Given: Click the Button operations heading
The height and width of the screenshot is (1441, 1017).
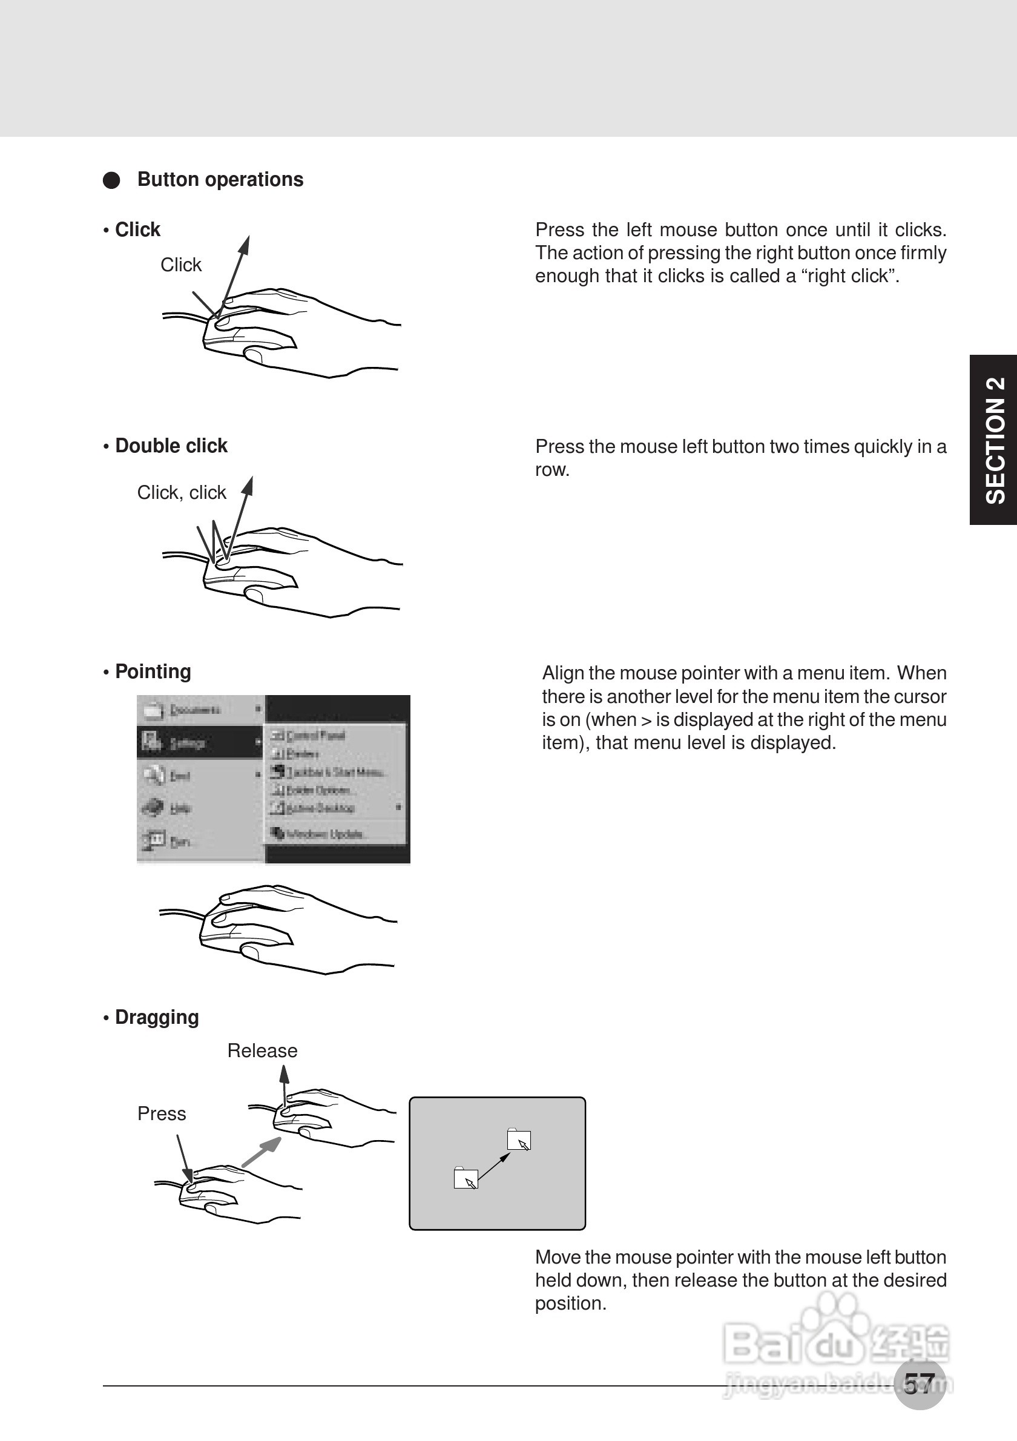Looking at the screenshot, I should pyautogui.click(x=220, y=179).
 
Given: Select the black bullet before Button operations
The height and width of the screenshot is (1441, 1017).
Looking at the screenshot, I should pyautogui.click(x=111, y=180).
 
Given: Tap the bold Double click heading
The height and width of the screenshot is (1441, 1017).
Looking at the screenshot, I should pyautogui.click(x=171, y=446).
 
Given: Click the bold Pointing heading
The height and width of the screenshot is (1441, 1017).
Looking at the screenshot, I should pyautogui.click(x=153, y=671).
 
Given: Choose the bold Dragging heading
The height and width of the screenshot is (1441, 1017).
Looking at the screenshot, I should pyautogui.click(x=157, y=1017).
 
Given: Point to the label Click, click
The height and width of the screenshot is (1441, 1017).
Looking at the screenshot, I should pyautogui.click(x=182, y=493).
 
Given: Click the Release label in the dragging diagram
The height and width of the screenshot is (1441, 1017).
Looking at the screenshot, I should pyautogui.click(x=262, y=1050).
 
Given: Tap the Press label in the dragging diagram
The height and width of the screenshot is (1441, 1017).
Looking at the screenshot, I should pyautogui.click(x=162, y=1113).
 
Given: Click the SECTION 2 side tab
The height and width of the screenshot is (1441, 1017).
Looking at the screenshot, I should pyautogui.click(x=995, y=440).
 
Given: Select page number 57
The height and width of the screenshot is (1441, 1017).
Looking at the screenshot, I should pyautogui.click(x=920, y=1383).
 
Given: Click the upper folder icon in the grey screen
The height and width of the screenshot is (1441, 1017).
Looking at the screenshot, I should pyautogui.click(x=519, y=1139).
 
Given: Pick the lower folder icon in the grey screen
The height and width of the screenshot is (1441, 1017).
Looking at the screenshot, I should pyautogui.click(x=466, y=1178).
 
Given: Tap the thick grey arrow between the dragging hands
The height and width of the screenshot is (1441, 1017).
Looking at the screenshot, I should pyautogui.click(x=261, y=1153).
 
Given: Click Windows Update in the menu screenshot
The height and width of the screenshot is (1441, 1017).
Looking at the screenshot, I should pyautogui.click(x=324, y=834).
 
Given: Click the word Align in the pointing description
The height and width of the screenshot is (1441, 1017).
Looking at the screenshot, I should pyautogui.click(x=563, y=673).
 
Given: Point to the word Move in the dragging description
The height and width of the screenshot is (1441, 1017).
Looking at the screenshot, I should pyautogui.click(x=557, y=1258).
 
